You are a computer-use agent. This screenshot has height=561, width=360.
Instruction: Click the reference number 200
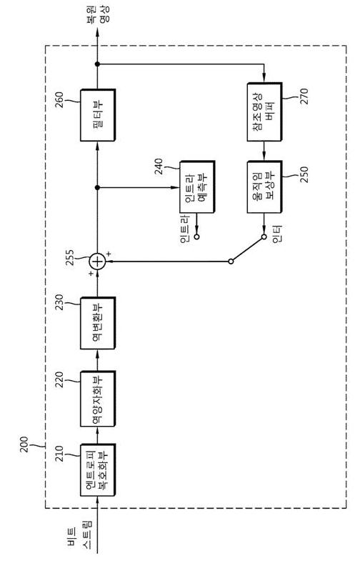pyautogui.click(x=24, y=444)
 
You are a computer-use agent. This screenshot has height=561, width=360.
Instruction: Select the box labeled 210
pyautogui.click(x=98, y=470)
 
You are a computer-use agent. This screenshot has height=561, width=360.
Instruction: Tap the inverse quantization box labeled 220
pyautogui.click(x=98, y=399)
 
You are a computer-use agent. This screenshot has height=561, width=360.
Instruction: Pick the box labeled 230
pyautogui.click(x=98, y=323)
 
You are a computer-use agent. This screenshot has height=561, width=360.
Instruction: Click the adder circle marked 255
pyautogui.click(x=97, y=262)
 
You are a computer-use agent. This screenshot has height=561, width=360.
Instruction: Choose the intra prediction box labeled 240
pyautogui.click(x=197, y=187)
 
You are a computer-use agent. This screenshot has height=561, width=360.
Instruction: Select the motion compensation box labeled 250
pyautogui.click(x=264, y=187)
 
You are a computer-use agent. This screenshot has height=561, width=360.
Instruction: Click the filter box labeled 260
pyautogui.click(x=98, y=115)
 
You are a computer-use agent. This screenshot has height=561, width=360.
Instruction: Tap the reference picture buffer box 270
pyautogui.click(x=264, y=112)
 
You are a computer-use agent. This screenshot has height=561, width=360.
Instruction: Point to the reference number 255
pyautogui.click(x=70, y=257)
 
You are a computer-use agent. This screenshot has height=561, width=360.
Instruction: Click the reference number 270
pyautogui.click(x=304, y=96)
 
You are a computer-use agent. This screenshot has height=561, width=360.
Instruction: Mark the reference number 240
pyautogui.click(x=159, y=167)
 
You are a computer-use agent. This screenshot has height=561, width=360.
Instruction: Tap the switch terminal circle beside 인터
pyautogui.click(x=264, y=237)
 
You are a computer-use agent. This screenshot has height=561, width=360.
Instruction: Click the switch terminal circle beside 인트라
pyautogui.click(x=196, y=237)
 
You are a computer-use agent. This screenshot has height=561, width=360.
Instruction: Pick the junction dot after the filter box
pyautogui.click(x=97, y=64)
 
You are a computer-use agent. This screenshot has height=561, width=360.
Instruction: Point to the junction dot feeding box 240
pyautogui.click(x=97, y=187)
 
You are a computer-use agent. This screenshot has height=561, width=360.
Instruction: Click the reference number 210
pyautogui.click(x=59, y=453)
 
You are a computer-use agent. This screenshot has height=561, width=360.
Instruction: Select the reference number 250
pyautogui.click(x=304, y=174)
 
